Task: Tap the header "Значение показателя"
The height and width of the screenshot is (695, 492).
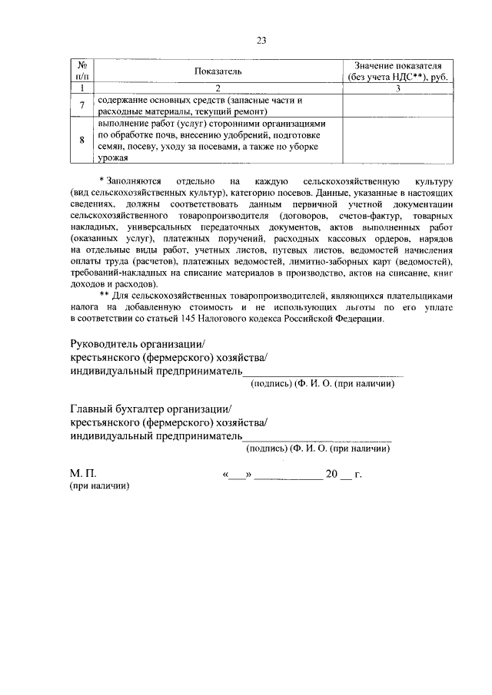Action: click(397, 66)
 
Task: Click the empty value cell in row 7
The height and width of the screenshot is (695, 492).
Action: click(397, 106)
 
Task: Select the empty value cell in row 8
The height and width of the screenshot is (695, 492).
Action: click(397, 140)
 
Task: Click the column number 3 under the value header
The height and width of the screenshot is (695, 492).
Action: click(397, 88)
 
